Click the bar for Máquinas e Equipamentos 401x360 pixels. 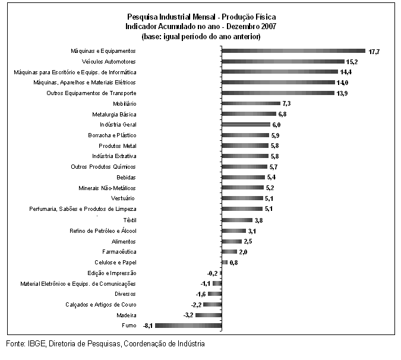tap(293, 51)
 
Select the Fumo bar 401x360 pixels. tap(188, 326)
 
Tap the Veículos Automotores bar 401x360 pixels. tap(283, 61)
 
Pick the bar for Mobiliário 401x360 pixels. tap(251, 103)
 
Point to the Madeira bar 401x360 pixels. tap(209, 315)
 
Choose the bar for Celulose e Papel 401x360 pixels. tap(225, 263)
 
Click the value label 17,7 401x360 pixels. tap(374, 52)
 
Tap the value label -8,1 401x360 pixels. tap(148, 326)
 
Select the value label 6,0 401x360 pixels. tap(276, 125)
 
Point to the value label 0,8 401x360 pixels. tap(233, 263)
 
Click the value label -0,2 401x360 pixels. tap(212, 274)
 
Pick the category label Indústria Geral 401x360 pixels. tap(118, 125)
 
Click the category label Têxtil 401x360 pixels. tap(130, 220)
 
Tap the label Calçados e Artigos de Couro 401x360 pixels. tap(101, 305)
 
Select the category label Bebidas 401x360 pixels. tap(126, 178)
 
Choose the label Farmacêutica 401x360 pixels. tap(119, 252)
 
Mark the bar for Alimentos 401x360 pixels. tap(232, 241)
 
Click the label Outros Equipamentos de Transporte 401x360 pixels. tap(91, 93)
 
